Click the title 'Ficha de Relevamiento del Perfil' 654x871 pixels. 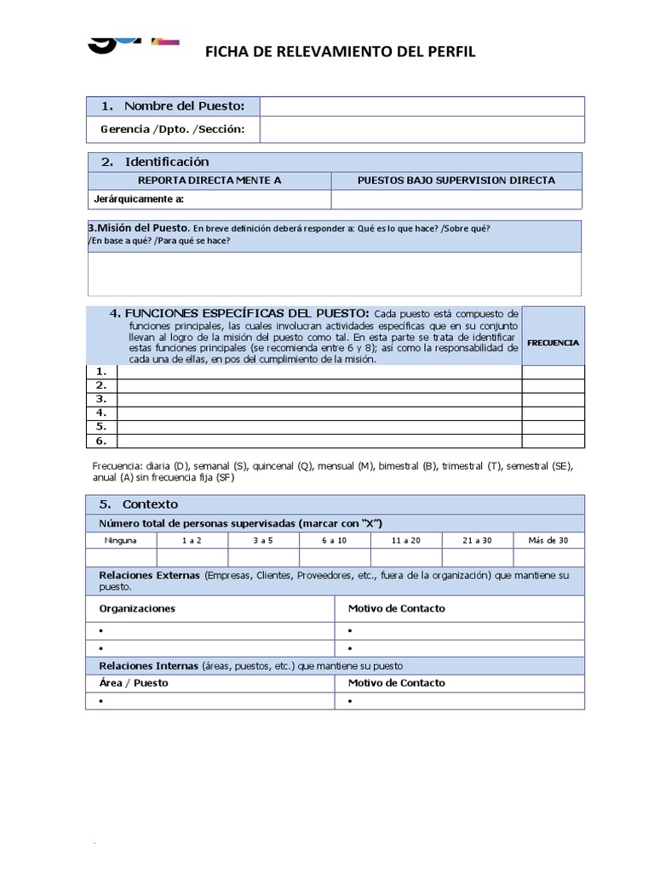[341, 53]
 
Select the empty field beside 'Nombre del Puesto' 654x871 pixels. [422, 106]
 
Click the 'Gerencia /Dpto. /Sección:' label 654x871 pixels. [173, 129]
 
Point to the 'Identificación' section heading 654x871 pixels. [166, 162]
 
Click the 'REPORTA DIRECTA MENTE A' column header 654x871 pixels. [209, 180]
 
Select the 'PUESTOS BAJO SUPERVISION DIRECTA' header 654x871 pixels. [456, 180]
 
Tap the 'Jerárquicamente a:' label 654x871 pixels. [139, 200]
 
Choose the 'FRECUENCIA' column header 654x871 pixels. [553, 342]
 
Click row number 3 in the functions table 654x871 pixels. [101, 399]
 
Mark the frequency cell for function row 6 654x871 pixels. [553, 441]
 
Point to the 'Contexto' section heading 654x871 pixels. [150, 504]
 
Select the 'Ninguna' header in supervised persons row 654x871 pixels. [121, 540]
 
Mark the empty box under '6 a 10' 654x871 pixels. [335, 558]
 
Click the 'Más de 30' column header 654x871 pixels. [548, 540]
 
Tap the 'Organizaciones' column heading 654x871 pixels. [137, 608]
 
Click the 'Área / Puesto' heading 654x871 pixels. [134, 682]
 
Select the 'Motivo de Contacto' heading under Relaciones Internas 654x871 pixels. [396, 682]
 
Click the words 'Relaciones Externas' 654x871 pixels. [149, 576]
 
